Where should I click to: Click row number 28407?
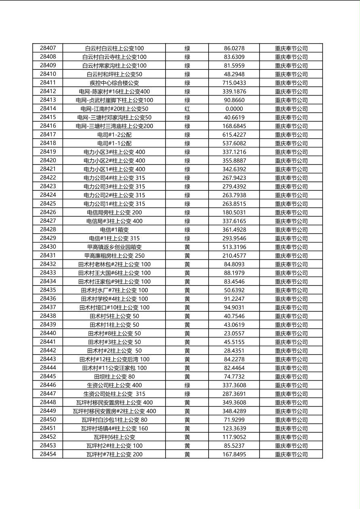pyautogui.click(x=48, y=48)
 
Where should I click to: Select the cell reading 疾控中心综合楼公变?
pyautogui.click(x=114, y=83)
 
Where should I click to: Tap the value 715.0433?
pyautogui.click(x=234, y=83)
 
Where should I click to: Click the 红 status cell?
pyautogui.click(x=187, y=109)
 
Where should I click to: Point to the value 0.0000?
pyautogui.click(x=234, y=109)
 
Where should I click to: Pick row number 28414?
pyautogui.click(x=48, y=108)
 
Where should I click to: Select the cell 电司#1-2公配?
pyautogui.click(x=114, y=135)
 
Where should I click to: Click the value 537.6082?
pyautogui.click(x=234, y=143)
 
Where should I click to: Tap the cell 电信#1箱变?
pyautogui.click(x=114, y=230)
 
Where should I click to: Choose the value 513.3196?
pyautogui.click(x=234, y=247)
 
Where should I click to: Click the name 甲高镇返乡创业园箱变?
pyautogui.click(x=114, y=247)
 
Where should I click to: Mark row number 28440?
pyautogui.click(x=48, y=333)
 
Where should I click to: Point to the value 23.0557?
pyautogui.click(x=234, y=334)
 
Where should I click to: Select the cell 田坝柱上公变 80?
pyautogui.click(x=114, y=377)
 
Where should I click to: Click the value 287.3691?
pyautogui.click(x=234, y=394)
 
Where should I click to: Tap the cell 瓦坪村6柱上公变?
pyautogui.click(x=114, y=437)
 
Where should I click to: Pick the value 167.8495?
pyautogui.click(x=234, y=455)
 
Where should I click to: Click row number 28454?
pyautogui.click(x=48, y=454)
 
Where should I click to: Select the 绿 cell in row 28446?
pyautogui.click(x=187, y=385)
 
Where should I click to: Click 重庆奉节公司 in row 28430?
pyautogui.click(x=291, y=247)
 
